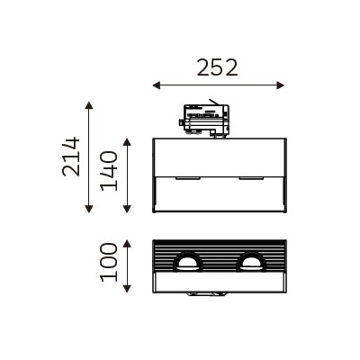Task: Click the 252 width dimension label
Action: click(217, 67)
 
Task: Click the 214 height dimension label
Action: click(71, 157)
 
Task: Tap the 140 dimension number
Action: click(109, 171)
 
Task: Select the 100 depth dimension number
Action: click(109, 263)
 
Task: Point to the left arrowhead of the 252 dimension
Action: click(157, 85)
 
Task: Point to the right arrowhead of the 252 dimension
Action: click(280, 85)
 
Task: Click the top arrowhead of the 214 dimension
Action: click(89, 105)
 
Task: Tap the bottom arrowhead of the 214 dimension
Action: click(89, 209)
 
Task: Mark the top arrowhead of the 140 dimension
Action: click(127, 142)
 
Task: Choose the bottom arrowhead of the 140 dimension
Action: click(127, 209)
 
